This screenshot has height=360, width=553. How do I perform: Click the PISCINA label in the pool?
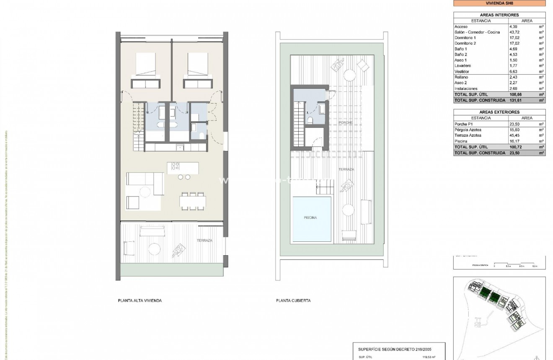coord(310,218)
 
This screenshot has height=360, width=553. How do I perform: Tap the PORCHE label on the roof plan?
coord(346,123)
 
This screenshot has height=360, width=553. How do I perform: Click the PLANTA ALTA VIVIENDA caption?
coord(140,300)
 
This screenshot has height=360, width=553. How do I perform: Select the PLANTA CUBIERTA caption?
coord(293,300)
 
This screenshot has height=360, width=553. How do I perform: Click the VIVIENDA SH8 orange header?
coord(499,3)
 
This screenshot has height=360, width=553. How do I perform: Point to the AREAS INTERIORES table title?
coord(499,15)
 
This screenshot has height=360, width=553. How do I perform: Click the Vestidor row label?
coord(462,72)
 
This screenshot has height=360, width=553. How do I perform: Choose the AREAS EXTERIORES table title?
coord(499,112)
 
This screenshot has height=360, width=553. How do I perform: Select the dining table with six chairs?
coord(192,202)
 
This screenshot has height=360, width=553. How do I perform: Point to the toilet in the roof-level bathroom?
coord(310,121)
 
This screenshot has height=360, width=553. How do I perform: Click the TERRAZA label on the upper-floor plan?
coord(205,241)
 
